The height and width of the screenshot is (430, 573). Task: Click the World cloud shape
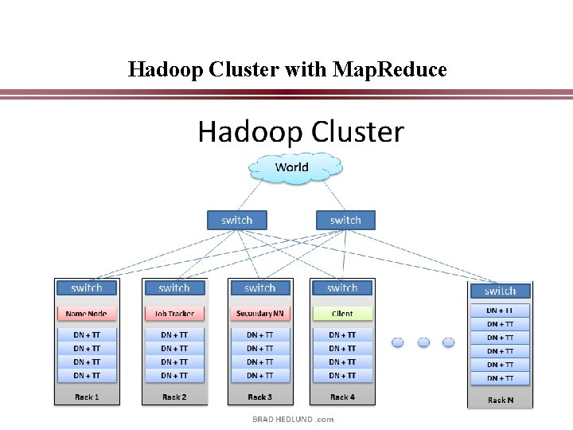click(x=292, y=168)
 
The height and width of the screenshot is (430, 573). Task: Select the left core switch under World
click(x=236, y=220)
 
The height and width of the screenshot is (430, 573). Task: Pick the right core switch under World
click(x=345, y=220)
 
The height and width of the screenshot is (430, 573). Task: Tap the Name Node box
click(x=87, y=314)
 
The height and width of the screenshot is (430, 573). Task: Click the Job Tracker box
click(x=174, y=314)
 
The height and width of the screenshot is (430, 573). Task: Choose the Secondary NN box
click(x=260, y=314)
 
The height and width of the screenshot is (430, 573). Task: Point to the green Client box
click(x=342, y=314)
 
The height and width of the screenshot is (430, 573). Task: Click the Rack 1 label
click(x=87, y=397)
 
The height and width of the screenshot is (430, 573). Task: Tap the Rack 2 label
click(x=174, y=397)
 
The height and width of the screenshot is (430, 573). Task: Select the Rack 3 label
click(x=260, y=397)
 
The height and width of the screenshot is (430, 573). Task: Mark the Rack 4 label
click(x=342, y=397)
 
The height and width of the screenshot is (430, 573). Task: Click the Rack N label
click(x=501, y=400)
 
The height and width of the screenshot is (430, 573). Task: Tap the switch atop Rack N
click(x=501, y=291)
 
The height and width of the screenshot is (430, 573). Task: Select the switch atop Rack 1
click(x=87, y=287)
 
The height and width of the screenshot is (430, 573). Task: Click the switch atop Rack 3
click(x=260, y=287)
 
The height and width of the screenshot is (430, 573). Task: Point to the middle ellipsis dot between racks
click(x=423, y=342)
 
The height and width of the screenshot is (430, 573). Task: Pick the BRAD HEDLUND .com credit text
click(x=293, y=419)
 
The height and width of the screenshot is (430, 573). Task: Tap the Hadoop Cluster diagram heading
click(x=301, y=131)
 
